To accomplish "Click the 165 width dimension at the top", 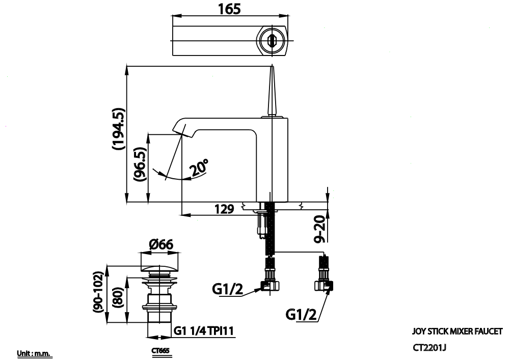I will coord(229,8).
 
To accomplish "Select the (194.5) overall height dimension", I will coord(118,129).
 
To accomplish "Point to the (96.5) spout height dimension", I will coord(140,165).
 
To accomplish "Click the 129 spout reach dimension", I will coord(224,209).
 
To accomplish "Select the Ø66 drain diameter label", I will coord(161,244).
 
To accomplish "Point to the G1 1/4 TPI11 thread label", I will coord(204,331).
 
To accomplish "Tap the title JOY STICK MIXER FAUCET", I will coord(457,331).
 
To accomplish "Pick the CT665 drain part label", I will coord(160,351).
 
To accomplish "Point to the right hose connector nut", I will coord(325,285).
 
